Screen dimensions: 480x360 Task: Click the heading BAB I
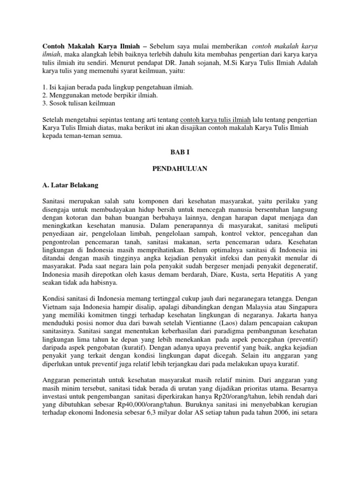coord(180,153)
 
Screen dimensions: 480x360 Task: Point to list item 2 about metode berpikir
coord(100,96)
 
